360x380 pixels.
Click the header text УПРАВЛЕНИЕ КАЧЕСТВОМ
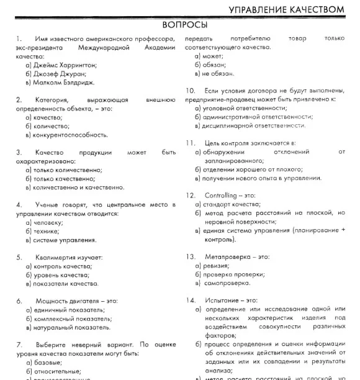(x=286, y=9)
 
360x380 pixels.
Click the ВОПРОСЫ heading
(x=184, y=25)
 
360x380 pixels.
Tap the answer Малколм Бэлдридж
(x=65, y=83)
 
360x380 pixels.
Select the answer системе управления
(x=65, y=239)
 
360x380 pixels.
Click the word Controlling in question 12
(x=220, y=195)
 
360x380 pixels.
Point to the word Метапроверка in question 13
(x=228, y=256)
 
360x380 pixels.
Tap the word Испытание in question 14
(x=222, y=301)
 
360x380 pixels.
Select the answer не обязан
(x=217, y=73)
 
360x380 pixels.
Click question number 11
(x=191, y=143)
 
